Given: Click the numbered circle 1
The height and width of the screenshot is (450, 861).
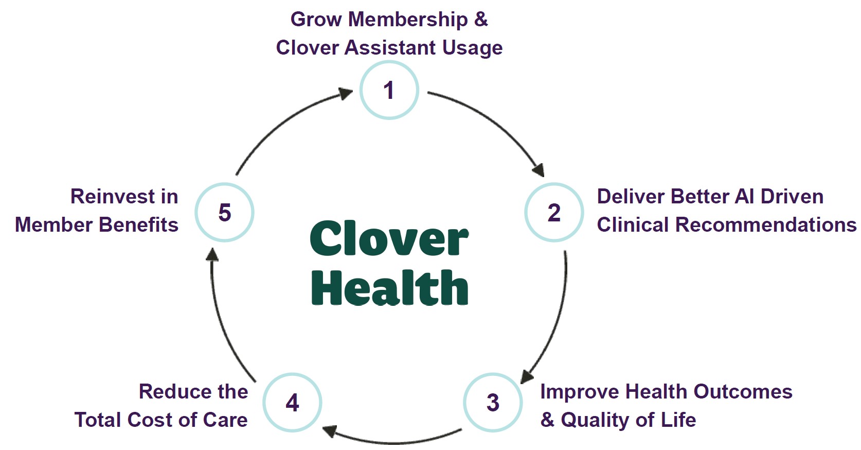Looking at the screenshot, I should (x=389, y=90).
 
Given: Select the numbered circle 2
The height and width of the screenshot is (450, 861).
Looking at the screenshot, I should (x=554, y=212).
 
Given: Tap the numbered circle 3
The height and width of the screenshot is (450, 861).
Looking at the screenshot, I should (x=493, y=402).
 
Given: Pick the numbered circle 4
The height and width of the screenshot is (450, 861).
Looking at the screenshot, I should (x=292, y=402).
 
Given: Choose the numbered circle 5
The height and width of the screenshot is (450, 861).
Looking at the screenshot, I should (x=224, y=212).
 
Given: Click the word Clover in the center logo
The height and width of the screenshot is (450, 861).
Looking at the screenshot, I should (x=389, y=239).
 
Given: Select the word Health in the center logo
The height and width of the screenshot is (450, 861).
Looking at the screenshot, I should (x=389, y=288).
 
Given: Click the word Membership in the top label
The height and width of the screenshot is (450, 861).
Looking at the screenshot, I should (x=408, y=20).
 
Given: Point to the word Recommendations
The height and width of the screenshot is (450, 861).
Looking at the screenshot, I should (x=765, y=225).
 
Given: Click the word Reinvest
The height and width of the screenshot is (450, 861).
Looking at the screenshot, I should (x=108, y=197).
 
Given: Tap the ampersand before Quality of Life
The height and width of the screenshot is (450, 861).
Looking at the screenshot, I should (x=547, y=420).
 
